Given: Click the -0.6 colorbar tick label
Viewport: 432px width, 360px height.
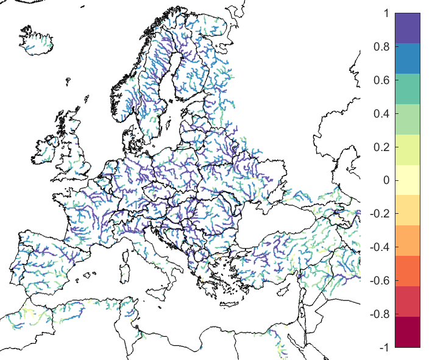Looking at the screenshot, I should pos(380,281).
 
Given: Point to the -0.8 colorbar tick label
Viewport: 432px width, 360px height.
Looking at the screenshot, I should pos(380,314).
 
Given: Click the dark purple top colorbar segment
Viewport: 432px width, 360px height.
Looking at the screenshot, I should pos(408,28).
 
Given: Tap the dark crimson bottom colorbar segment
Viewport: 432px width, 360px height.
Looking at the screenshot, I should pos(408,332).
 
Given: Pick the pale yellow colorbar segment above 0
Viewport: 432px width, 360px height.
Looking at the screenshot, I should pos(408,172).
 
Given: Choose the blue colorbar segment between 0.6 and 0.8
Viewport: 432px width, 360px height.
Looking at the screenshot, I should pos(408,58).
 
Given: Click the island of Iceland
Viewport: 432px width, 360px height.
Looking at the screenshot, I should pos(38,40).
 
